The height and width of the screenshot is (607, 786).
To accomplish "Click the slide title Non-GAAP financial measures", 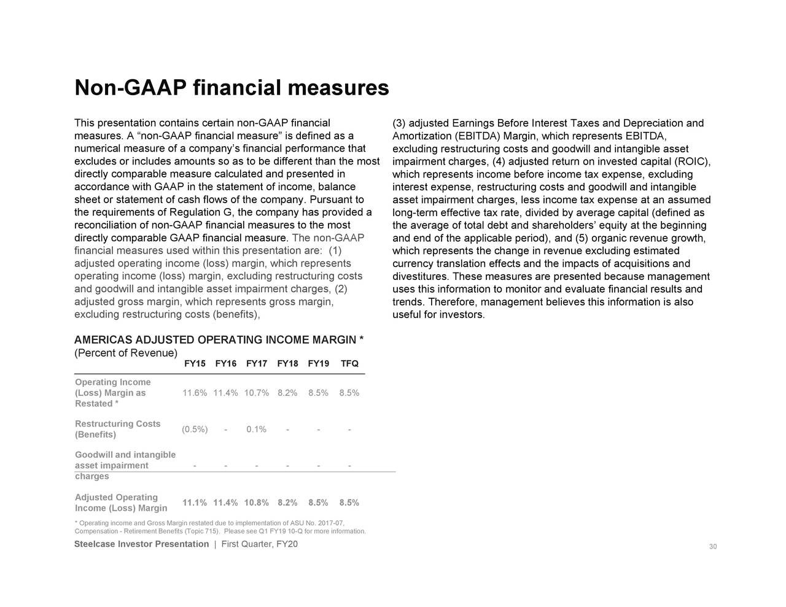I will [x=232, y=88].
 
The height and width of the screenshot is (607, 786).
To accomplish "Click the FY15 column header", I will [x=195, y=364].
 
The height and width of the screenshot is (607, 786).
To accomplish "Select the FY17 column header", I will [x=256, y=364].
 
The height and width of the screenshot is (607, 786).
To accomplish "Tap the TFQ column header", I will [x=349, y=364].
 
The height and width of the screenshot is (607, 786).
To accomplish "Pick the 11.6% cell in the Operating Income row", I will [x=195, y=393].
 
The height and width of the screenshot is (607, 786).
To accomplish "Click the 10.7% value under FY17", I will [x=256, y=393].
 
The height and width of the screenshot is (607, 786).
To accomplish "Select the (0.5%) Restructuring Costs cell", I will [x=195, y=429].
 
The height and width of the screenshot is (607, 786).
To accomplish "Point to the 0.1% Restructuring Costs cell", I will [x=256, y=429].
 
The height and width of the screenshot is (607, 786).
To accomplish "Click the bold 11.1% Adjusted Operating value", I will [x=194, y=503].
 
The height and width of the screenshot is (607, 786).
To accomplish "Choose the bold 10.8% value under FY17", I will [x=256, y=503].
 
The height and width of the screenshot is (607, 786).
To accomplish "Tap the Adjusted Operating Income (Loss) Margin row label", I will [x=121, y=503].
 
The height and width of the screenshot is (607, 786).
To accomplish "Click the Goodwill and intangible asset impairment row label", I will [x=125, y=465].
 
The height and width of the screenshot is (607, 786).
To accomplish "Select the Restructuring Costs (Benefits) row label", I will [x=117, y=429].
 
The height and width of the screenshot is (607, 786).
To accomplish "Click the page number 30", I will [x=713, y=547].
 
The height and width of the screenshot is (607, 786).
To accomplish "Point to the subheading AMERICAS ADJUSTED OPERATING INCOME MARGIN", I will [x=219, y=341].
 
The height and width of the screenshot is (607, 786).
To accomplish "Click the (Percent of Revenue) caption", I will [x=126, y=353].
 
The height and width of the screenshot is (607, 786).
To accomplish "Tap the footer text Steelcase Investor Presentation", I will [x=141, y=544].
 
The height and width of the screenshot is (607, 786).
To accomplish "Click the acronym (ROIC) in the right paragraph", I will [x=692, y=162].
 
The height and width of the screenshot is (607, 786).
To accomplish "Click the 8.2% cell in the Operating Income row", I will [x=287, y=393].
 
